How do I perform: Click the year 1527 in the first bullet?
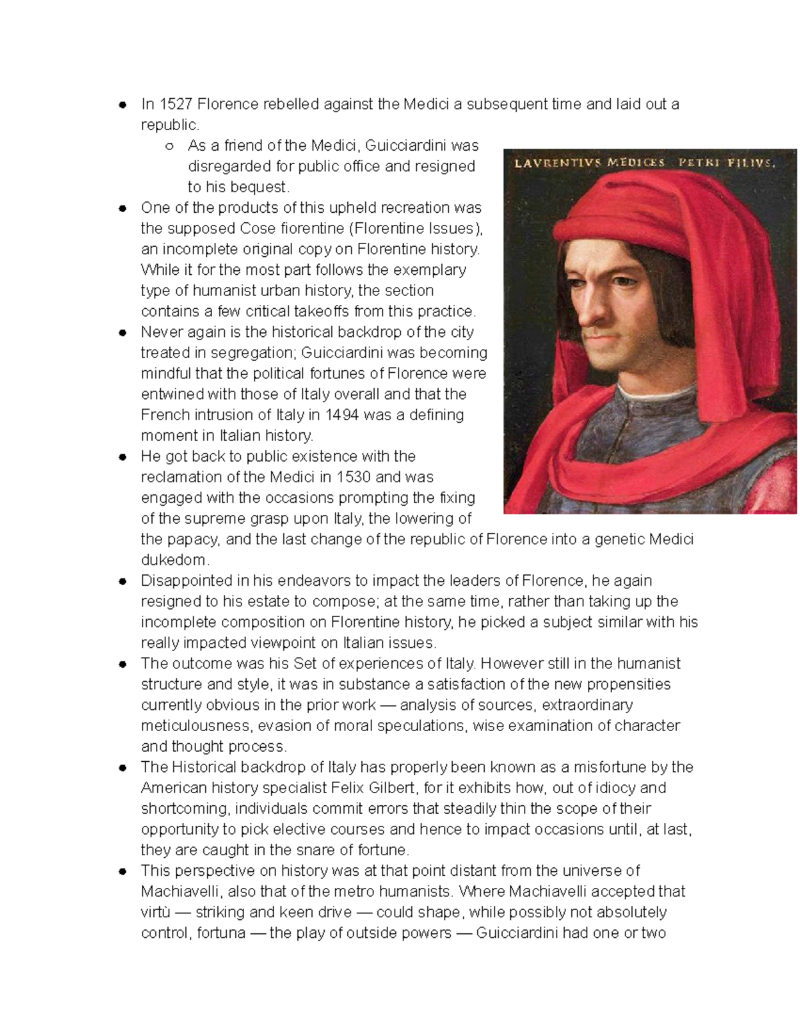pyautogui.click(x=175, y=104)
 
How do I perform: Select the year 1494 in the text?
pyautogui.click(x=343, y=415)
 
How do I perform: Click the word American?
pyautogui.click(x=174, y=788)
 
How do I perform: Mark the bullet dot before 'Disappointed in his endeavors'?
pyautogui.click(x=123, y=581)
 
